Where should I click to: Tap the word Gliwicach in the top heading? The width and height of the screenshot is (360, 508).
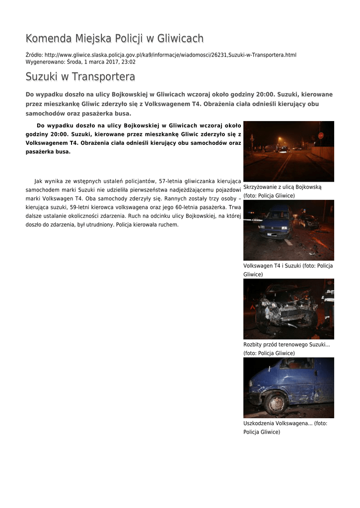178,39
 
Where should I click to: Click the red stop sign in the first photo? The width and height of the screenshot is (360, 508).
321,135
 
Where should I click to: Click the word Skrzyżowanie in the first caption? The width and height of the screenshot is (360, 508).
261,188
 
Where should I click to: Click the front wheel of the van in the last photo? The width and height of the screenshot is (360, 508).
276,403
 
